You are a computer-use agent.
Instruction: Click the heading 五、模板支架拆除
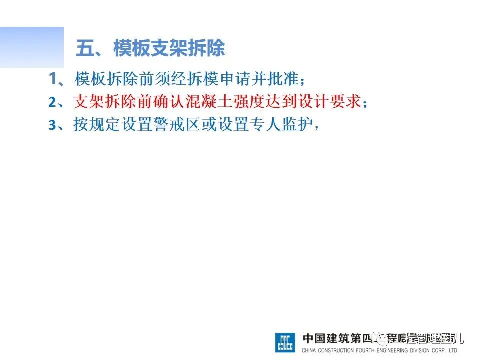click(x=150, y=49)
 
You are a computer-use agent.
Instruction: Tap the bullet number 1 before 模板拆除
click(x=53, y=78)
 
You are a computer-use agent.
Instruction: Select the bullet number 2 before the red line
click(x=53, y=102)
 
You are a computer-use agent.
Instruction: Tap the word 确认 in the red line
click(x=170, y=102)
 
